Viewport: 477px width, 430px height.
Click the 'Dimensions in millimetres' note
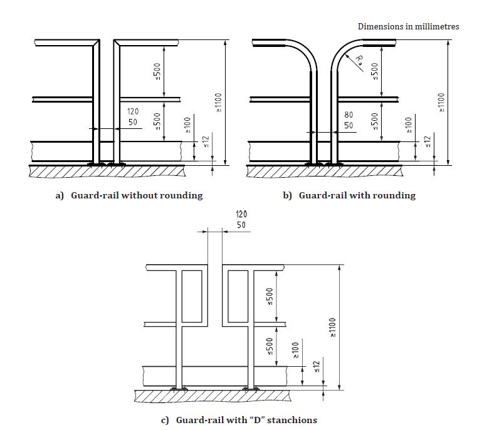(x=408, y=26)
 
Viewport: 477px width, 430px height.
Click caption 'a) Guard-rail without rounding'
(x=129, y=195)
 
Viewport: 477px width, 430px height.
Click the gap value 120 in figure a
(x=133, y=111)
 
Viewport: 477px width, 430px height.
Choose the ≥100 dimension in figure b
(x=408, y=125)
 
